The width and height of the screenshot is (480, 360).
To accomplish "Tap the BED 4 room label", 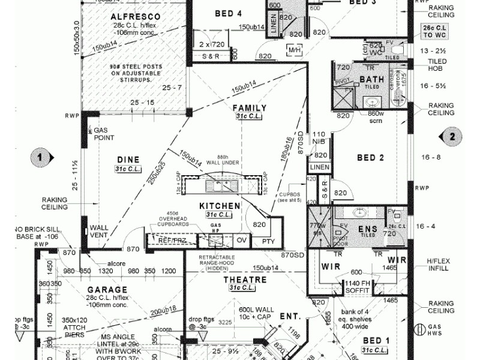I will pos(229,13).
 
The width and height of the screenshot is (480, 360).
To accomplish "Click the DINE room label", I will pos(128,160).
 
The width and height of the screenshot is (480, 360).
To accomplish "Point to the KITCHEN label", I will pos(220,206).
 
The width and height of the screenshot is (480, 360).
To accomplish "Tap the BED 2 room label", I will pos(370,158).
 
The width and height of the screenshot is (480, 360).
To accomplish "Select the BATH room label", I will pos(371,79).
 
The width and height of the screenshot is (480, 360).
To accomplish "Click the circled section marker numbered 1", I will pos(40,157).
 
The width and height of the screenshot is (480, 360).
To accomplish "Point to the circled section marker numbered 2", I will pos(452,136).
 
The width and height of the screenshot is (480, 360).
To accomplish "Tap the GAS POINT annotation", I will pos(104,134).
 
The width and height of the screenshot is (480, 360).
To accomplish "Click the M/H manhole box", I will pos(295,51).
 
